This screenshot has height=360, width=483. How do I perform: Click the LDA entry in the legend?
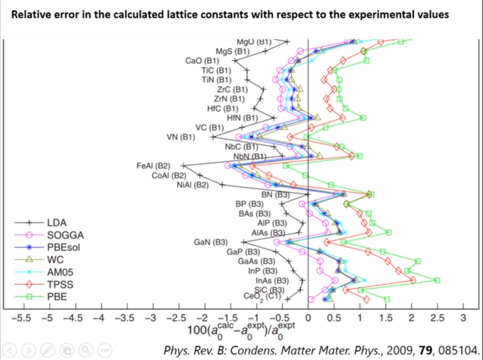tap(57, 223)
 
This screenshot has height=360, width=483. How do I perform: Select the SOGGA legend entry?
tap(65, 235)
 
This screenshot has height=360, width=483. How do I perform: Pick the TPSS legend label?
tap(60, 284)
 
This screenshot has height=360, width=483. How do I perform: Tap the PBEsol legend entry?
tap(63, 247)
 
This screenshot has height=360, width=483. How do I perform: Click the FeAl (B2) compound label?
tap(153, 166)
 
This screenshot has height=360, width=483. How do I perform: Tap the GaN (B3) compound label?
tap(210, 242)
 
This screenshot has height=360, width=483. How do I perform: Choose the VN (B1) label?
tap(181, 137)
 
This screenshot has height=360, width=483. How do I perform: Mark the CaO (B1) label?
tap(202, 61)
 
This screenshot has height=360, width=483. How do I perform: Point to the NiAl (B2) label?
tap(192, 185)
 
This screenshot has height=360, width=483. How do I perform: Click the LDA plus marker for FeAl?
tap(183, 166)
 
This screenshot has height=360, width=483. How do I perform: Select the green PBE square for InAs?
tap(437, 280)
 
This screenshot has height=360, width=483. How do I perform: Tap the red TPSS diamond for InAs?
tap(413, 280)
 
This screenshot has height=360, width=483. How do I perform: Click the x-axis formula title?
tap(241, 331)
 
